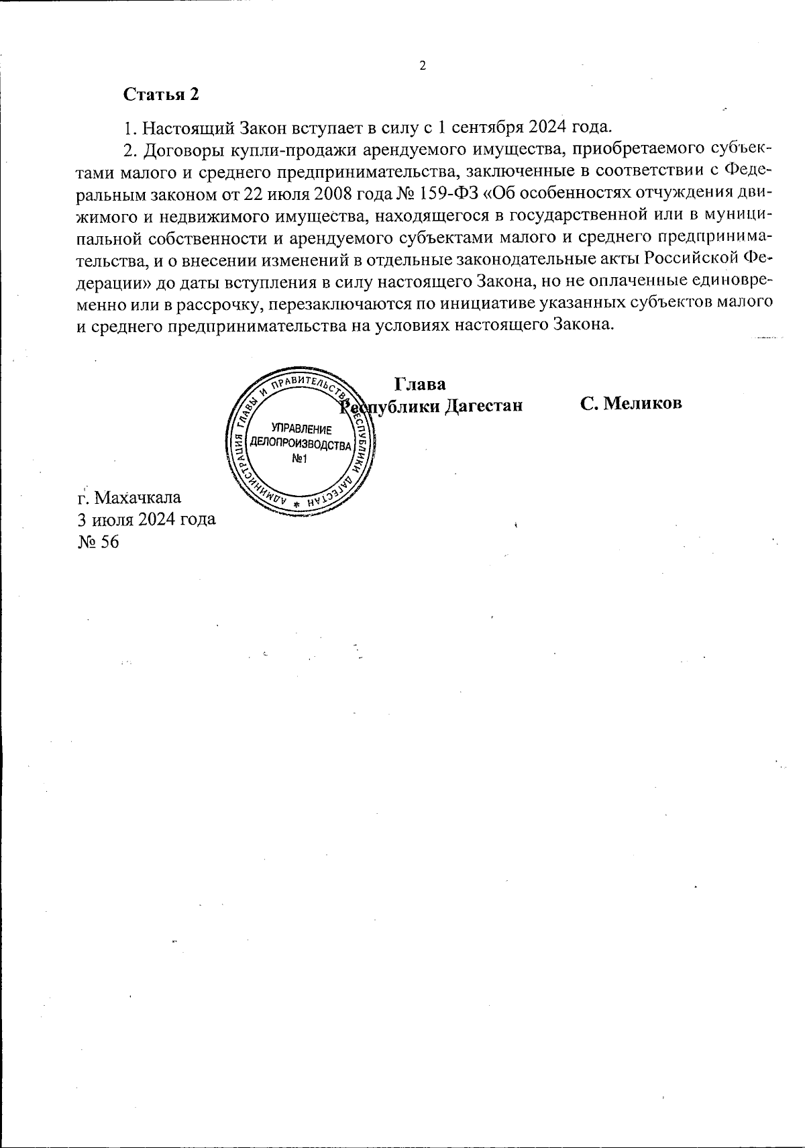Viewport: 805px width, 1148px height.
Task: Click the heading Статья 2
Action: tap(161, 95)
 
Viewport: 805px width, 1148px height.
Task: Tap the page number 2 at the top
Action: tap(423, 66)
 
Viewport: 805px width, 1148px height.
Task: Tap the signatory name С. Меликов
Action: tap(631, 403)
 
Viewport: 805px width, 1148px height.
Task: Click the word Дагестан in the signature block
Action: tap(484, 406)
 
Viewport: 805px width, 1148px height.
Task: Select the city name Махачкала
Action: tap(139, 498)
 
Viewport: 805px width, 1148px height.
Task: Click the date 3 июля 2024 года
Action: tap(147, 519)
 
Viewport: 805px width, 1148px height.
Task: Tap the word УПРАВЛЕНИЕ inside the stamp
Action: tap(301, 429)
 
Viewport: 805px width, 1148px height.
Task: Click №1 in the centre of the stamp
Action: tap(300, 459)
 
